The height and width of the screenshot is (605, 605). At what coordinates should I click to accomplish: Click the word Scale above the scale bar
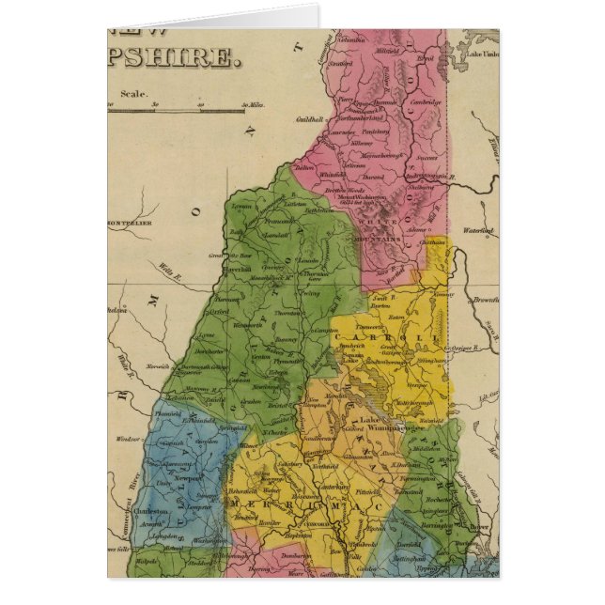point(132,92)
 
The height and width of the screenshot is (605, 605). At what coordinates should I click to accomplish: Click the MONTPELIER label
point(129,224)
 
